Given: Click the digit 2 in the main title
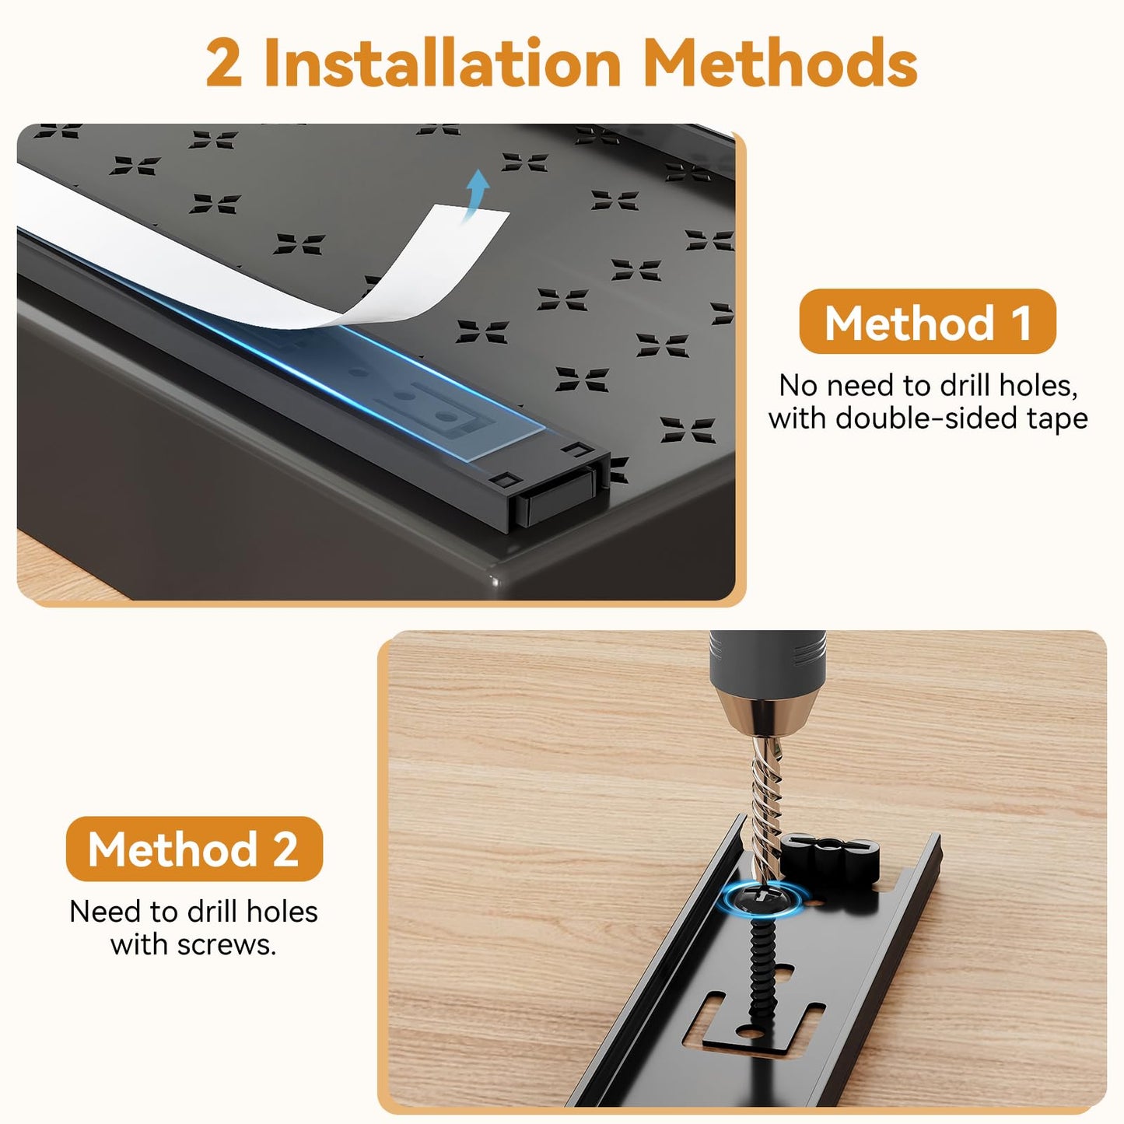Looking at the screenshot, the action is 224,62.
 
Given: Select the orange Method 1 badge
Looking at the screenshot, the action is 927,321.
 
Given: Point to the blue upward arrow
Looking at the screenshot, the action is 474,194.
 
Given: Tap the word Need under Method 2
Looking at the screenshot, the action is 106,911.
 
